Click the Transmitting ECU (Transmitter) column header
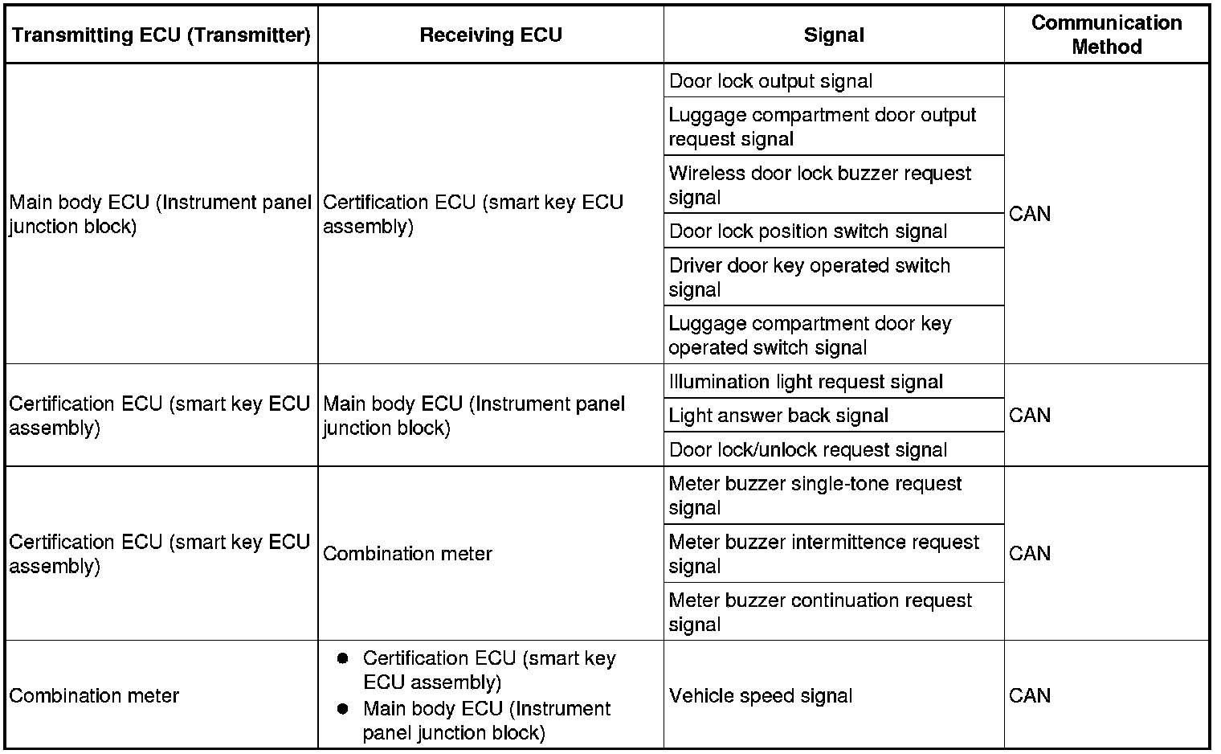(161, 35)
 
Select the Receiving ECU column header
(491, 35)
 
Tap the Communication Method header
(1106, 35)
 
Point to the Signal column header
(834, 35)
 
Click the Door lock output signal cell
(770, 81)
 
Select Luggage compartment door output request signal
(822, 127)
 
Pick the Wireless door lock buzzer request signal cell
(819, 185)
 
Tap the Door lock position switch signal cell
(808, 232)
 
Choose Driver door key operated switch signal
(809, 277)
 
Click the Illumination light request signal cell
(806, 382)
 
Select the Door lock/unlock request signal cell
(808, 450)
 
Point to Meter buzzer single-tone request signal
(815, 495)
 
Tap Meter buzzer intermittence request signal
(823, 554)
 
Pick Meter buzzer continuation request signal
(820, 612)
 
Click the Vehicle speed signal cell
(760, 695)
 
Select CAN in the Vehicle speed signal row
(1030, 695)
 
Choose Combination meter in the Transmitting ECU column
(94, 695)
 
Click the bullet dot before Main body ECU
(343, 709)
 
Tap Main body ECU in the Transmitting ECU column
(160, 215)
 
